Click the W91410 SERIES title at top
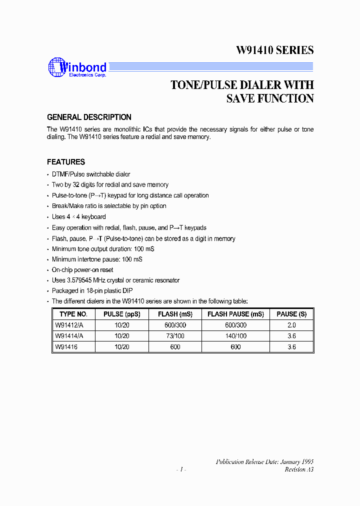click(x=274, y=50)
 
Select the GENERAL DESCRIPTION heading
click(x=89, y=117)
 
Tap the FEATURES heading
click(x=66, y=162)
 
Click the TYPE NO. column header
click(x=73, y=314)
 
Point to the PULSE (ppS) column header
click(x=121, y=314)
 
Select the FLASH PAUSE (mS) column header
click(x=235, y=314)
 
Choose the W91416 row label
click(x=66, y=347)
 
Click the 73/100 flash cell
click(x=174, y=336)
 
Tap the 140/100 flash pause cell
click(x=235, y=336)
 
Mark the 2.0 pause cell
click(x=292, y=325)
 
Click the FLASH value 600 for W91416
click(x=174, y=347)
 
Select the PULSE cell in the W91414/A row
click(x=121, y=336)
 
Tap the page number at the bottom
click(x=181, y=469)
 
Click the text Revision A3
click(x=299, y=469)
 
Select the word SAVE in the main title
click(x=240, y=98)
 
